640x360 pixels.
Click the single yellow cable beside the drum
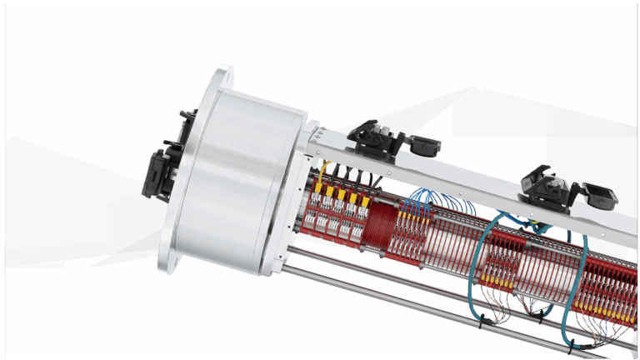[322, 173]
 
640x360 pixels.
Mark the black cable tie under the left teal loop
[542, 314]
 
